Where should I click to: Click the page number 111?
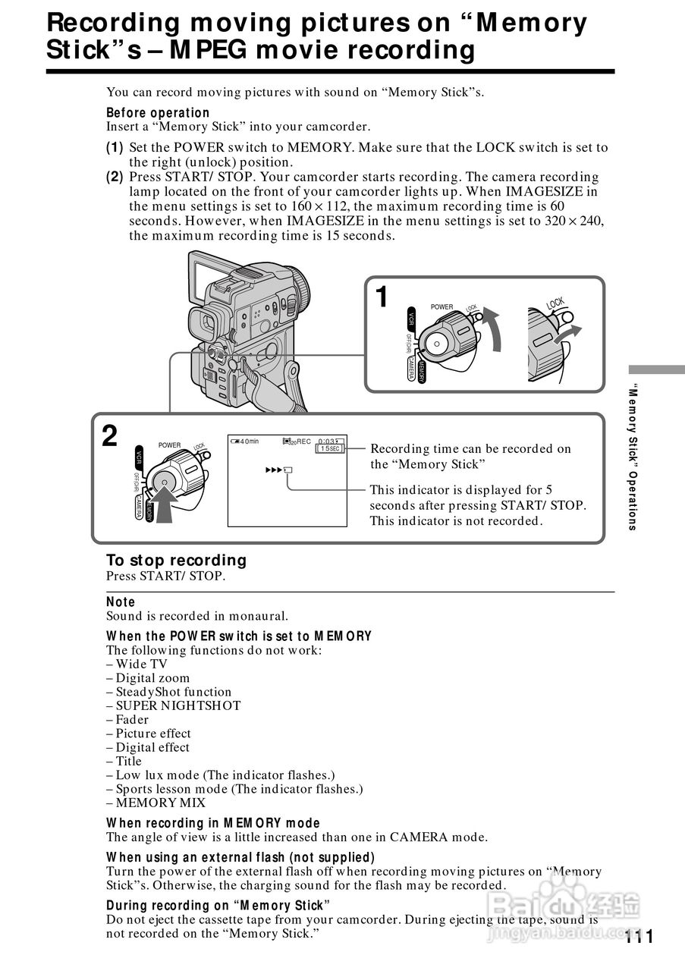pyautogui.click(x=639, y=936)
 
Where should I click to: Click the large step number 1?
pyautogui.click(x=383, y=297)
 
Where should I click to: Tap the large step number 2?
pyautogui.click(x=110, y=436)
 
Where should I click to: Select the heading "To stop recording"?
pyautogui.click(x=176, y=561)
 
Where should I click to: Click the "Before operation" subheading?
pyautogui.click(x=158, y=113)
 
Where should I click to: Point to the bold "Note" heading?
pyautogui.click(x=121, y=602)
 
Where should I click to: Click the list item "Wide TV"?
pyautogui.click(x=141, y=664)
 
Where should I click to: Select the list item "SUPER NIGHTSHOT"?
pyautogui.click(x=178, y=705)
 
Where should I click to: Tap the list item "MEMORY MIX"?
pyautogui.click(x=160, y=803)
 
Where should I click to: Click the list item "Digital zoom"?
pyautogui.click(x=152, y=678)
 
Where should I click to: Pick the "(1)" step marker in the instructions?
pyautogui.click(x=115, y=148)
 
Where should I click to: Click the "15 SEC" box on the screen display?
pyautogui.click(x=331, y=449)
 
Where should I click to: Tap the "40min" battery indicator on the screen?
pyautogui.click(x=245, y=442)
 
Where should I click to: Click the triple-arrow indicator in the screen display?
pyautogui.click(x=278, y=470)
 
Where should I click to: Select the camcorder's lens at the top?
pyautogui.click(x=299, y=288)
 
